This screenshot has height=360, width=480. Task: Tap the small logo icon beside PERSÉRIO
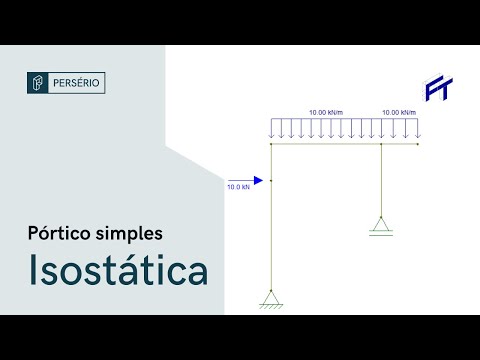(x=38, y=82)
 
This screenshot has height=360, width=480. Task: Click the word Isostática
(x=117, y=271)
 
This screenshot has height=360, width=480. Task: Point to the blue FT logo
(x=437, y=88)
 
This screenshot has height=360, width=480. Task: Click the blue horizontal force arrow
(x=245, y=180)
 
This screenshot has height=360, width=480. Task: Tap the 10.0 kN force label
(x=238, y=188)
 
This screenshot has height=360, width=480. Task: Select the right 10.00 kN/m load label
(x=397, y=112)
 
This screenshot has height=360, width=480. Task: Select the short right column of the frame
(x=381, y=180)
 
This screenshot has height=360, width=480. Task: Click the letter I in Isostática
(x=34, y=271)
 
